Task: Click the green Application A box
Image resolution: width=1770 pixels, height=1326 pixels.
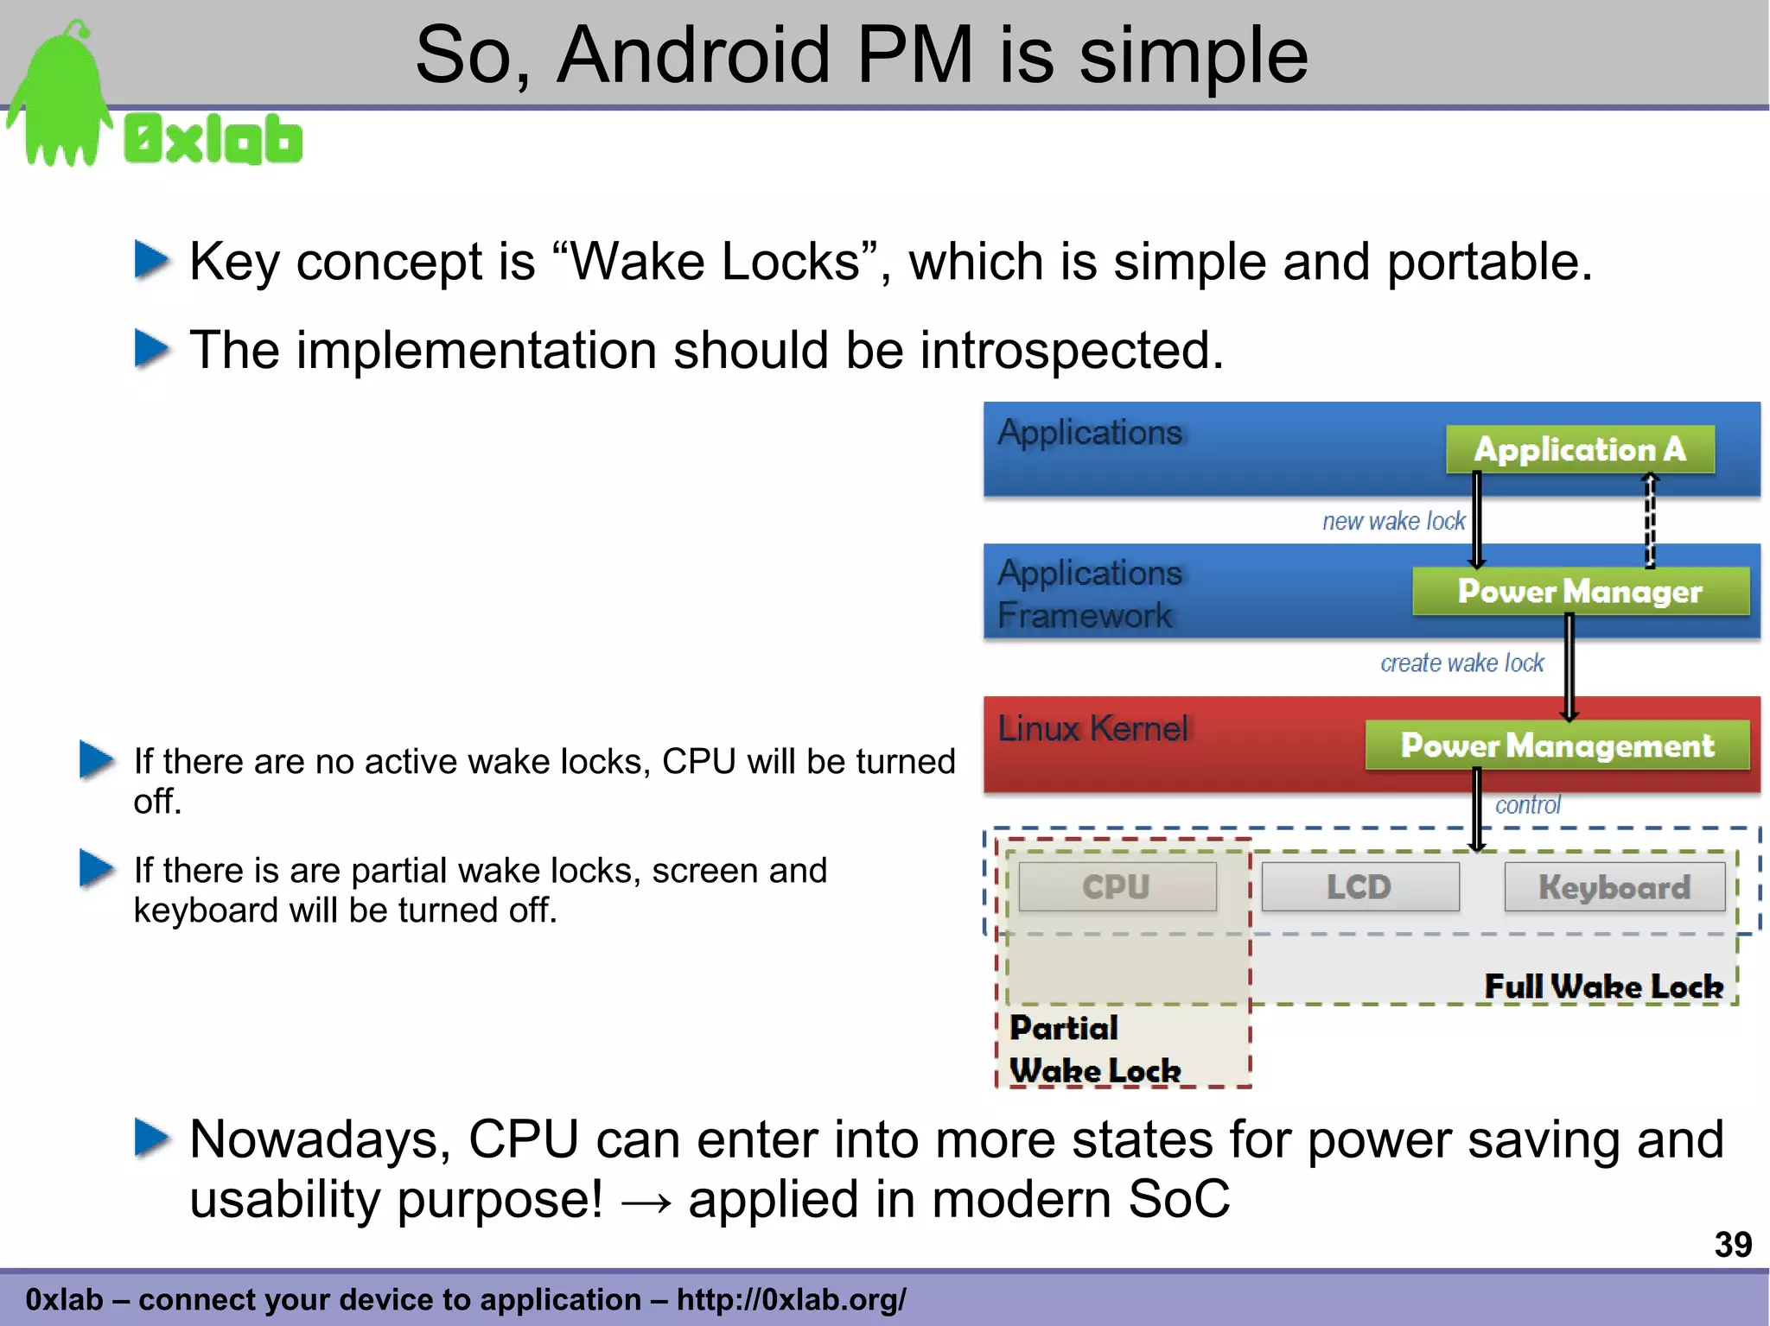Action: (x=1579, y=449)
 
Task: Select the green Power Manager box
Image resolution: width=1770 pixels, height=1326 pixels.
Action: (x=1580, y=592)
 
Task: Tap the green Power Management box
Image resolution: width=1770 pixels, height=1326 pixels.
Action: (x=1557, y=745)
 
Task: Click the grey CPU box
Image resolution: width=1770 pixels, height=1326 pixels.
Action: (x=1117, y=887)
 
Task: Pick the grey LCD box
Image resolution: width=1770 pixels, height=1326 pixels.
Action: (x=1359, y=887)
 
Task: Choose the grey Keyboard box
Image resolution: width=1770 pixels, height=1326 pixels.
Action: (x=1614, y=887)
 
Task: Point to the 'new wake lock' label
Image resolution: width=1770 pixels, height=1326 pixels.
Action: (x=1393, y=521)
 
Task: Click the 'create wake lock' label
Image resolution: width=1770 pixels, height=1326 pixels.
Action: (x=1461, y=663)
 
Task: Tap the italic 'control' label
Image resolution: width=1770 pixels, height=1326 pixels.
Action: (x=1527, y=805)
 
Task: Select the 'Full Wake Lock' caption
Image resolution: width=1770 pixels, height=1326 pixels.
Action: (x=1603, y=987)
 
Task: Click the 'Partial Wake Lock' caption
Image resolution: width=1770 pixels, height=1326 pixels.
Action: (x=1094, y=1050)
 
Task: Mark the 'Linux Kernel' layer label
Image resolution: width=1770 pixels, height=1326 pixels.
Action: (x=1093, y=729)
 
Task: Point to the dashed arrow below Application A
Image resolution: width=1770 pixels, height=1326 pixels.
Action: (x=1649, y=520)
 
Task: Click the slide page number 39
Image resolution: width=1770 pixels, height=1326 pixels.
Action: (x=1732, y=1245)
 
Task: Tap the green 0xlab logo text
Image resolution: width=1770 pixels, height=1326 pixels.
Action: (x=213, y=140)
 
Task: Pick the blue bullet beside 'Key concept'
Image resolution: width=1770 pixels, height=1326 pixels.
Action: (x=152, y=260)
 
